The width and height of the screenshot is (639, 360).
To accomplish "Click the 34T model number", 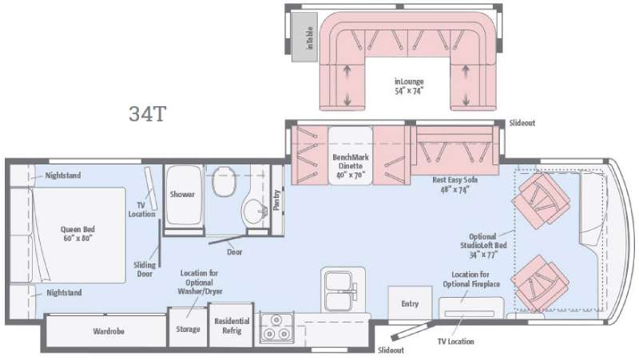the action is click(x=148, y=114).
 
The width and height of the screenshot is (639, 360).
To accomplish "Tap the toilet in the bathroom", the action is click(x=224, y=181).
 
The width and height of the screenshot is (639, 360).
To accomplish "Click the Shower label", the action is click(x=182, y=194).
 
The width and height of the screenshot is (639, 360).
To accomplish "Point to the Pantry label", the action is click(x=276, y=200).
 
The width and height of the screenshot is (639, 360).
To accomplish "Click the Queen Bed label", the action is click(x=77, y=234).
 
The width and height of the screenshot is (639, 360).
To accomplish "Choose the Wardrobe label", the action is click(x=109, y=331).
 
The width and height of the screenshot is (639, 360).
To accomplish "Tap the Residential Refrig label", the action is click(x=232, y=326).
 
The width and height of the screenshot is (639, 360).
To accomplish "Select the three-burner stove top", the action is click(x=276, y=327).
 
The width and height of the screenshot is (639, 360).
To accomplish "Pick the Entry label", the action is click(x=410, y=304).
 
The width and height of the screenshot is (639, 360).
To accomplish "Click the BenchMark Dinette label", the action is click(x=351, y=166).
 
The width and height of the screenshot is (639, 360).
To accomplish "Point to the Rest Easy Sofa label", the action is click(x=454, y=185).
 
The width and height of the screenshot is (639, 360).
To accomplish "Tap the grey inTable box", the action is click(x=304, y=38).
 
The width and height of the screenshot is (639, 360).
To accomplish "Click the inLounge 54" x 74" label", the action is click(x=409, y=86).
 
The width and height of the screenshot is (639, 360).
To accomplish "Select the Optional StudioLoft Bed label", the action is click(x=483, y=246).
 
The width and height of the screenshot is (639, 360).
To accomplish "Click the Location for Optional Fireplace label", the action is click(x=471, y=279).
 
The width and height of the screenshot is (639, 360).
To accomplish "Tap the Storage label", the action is click(x=188, y=329).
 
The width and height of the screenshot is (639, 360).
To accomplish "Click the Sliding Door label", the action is click(x=145, y=269).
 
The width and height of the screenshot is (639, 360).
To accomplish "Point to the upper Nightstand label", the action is click(x=63, y=176).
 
